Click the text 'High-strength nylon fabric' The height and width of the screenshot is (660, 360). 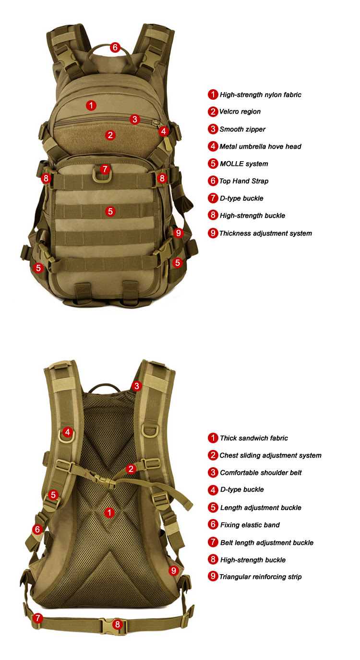pyautogui.click(x=260, y=94)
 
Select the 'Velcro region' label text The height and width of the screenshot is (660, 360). pyautogui.click(x=240, y=112)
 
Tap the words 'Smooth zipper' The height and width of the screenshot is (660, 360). pyautogui.click(x=242, y=129)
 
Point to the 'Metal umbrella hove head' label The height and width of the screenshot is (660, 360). pyautogui.click(x=260, y=146)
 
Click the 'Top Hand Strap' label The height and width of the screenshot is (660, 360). pyautogui.click(x=244, y=181)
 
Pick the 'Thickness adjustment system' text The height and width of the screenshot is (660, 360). pyautogui.click(x=265, y=233)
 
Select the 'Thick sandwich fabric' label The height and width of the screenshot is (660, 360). pyautogui.click(x=253, y=438)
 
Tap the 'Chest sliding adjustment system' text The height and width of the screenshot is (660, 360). pyautogui.click(x=270, y=455)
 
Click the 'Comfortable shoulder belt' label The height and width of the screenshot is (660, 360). pyautogui.click(x=261, y=472)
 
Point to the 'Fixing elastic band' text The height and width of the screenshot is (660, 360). pyautogui.click(x=250, y=525)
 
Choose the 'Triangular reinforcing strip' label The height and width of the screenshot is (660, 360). pyautogui.click(x=260, y=577)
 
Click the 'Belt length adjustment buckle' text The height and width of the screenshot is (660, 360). pyautogui.click(x=266, y=542)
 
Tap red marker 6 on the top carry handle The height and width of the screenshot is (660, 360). pyautogui.click(x=115, y=47)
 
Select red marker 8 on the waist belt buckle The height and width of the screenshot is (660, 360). pyautogui.click(x=118, y=624)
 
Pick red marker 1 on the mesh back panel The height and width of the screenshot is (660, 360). pyautogui.click(x=110, y=513)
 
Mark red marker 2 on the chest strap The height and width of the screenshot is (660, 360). pyautogui.click(x=131, y=469)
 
